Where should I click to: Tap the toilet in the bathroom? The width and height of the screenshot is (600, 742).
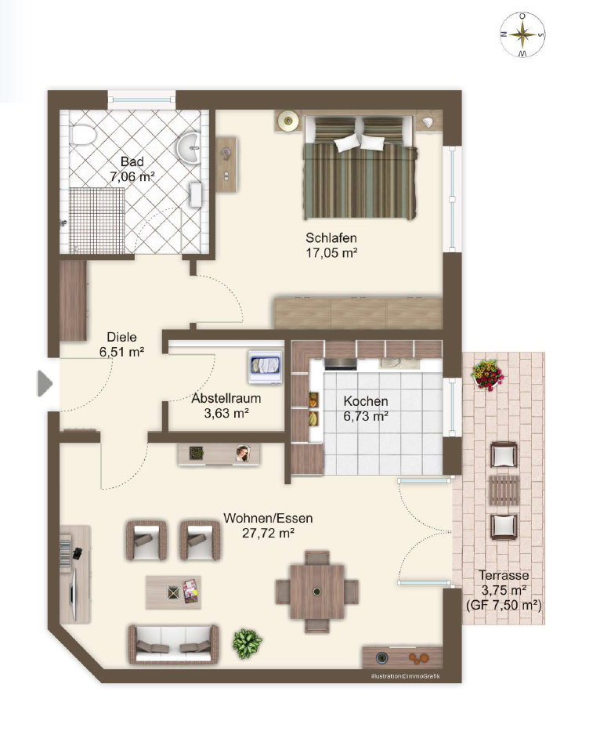[x=82, y=135]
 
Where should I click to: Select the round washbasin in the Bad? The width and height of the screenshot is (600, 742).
[x=190, y=147]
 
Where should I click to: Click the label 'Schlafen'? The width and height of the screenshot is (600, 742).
[x=331, y=237]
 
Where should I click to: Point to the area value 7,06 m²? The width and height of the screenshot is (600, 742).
[x=132, y=177]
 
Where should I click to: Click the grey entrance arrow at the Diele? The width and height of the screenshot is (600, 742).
[x=45, y=383]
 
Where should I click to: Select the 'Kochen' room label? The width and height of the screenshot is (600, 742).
[x=365, y=401]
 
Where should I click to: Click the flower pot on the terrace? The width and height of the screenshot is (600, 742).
[x=487, y=375]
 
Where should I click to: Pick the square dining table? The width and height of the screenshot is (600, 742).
[x=317, y=592]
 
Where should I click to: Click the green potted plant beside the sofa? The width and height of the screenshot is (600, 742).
[x=247, y=642]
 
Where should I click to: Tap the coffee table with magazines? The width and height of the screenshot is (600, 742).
[x=174, y=592]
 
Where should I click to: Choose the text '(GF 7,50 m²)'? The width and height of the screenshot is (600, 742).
[x=504, y=605]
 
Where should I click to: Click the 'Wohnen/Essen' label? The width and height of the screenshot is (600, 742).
[x=268, y=518]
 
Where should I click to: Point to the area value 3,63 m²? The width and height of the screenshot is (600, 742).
[x=226, y=414]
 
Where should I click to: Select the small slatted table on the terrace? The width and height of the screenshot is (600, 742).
[x=504, y=490]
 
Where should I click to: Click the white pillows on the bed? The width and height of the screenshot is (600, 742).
[x=360, y=142]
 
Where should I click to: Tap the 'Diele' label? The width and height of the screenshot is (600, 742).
[x=121, y=337]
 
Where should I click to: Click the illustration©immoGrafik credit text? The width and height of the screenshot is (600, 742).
[x=406, y=676]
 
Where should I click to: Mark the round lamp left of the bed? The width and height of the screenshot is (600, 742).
[x=287, y=121]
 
